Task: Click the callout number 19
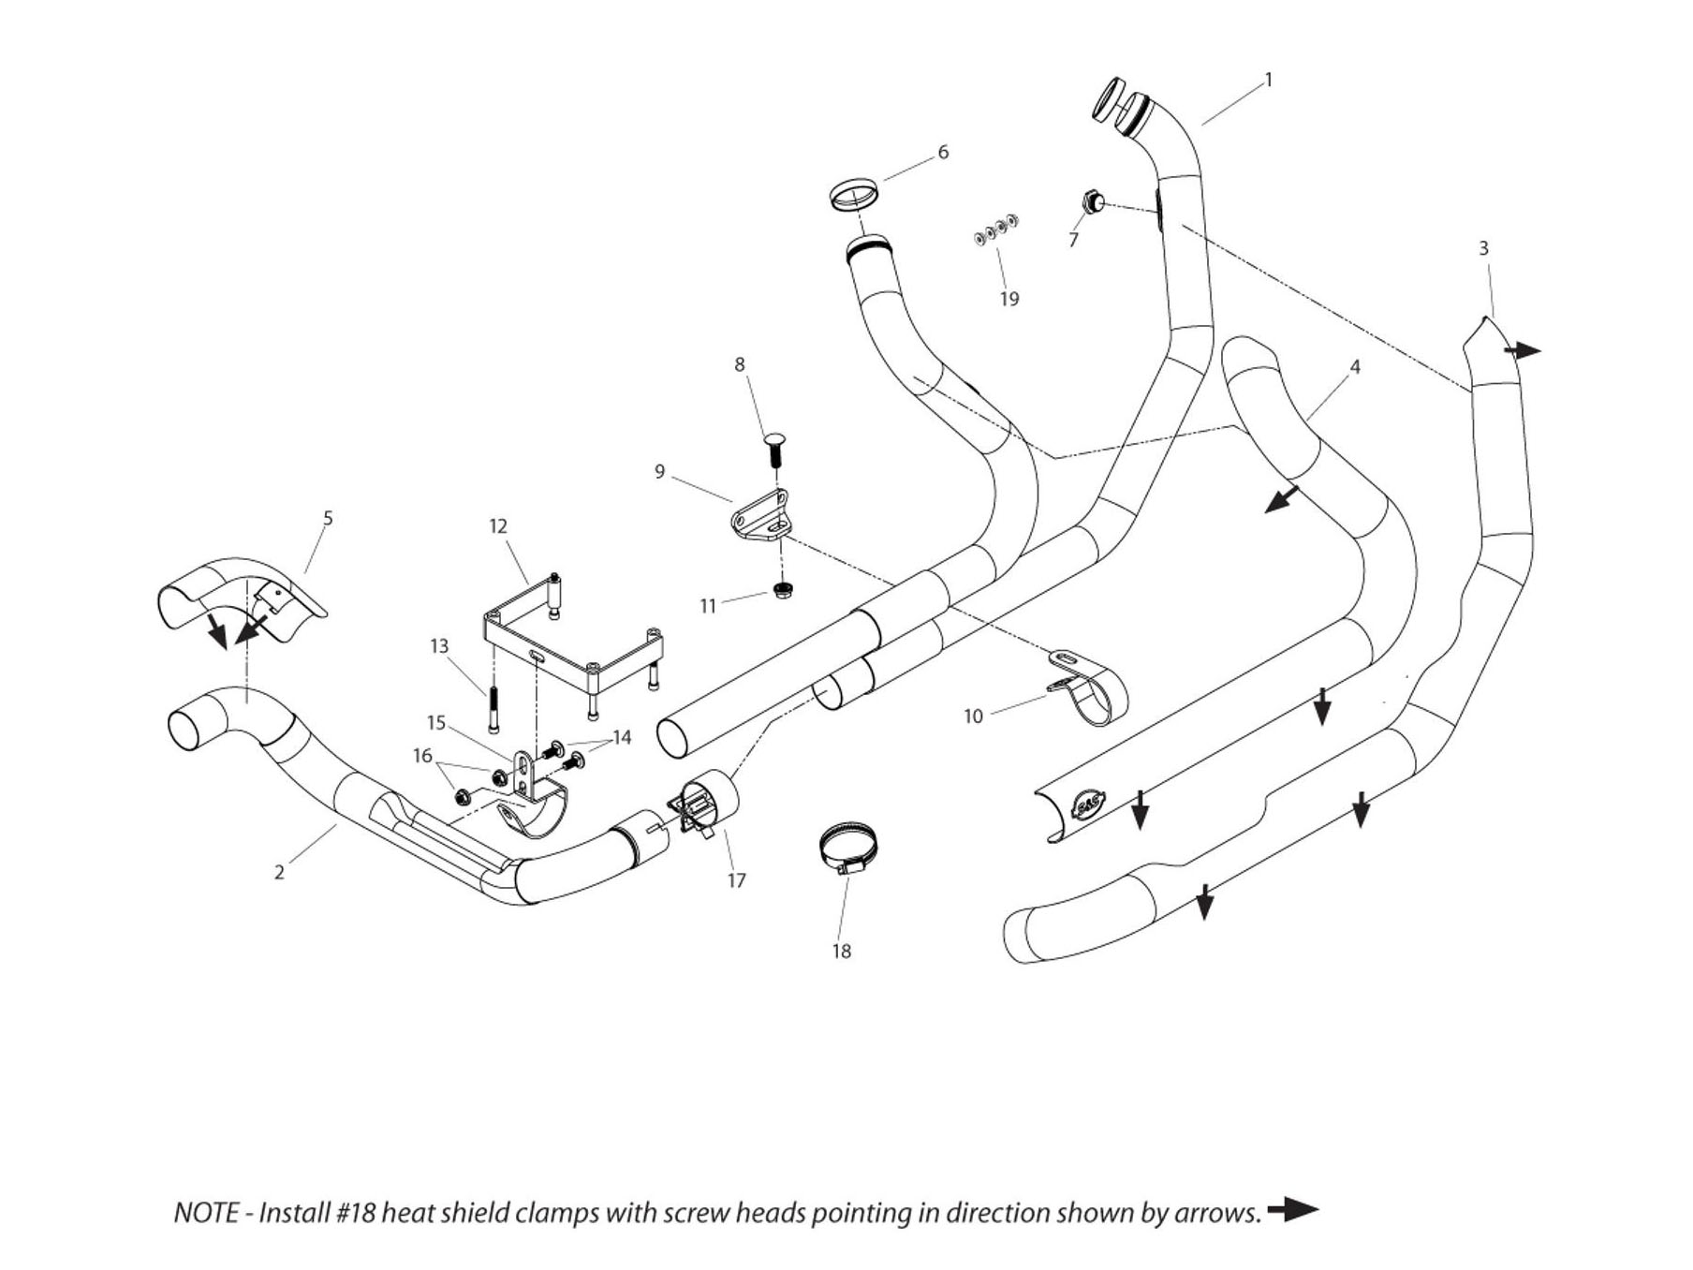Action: pos(1008,299)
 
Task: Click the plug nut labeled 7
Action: pos(1090,200)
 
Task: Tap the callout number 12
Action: pos(498,526)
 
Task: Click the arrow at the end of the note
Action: pos(1293,1210)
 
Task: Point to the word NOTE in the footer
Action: pos(206,1213)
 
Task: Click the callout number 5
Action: pos(328,518)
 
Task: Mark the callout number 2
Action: pos(279,872)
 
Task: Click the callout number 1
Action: pos(1269,81)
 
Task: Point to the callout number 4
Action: pos(1354,366)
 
